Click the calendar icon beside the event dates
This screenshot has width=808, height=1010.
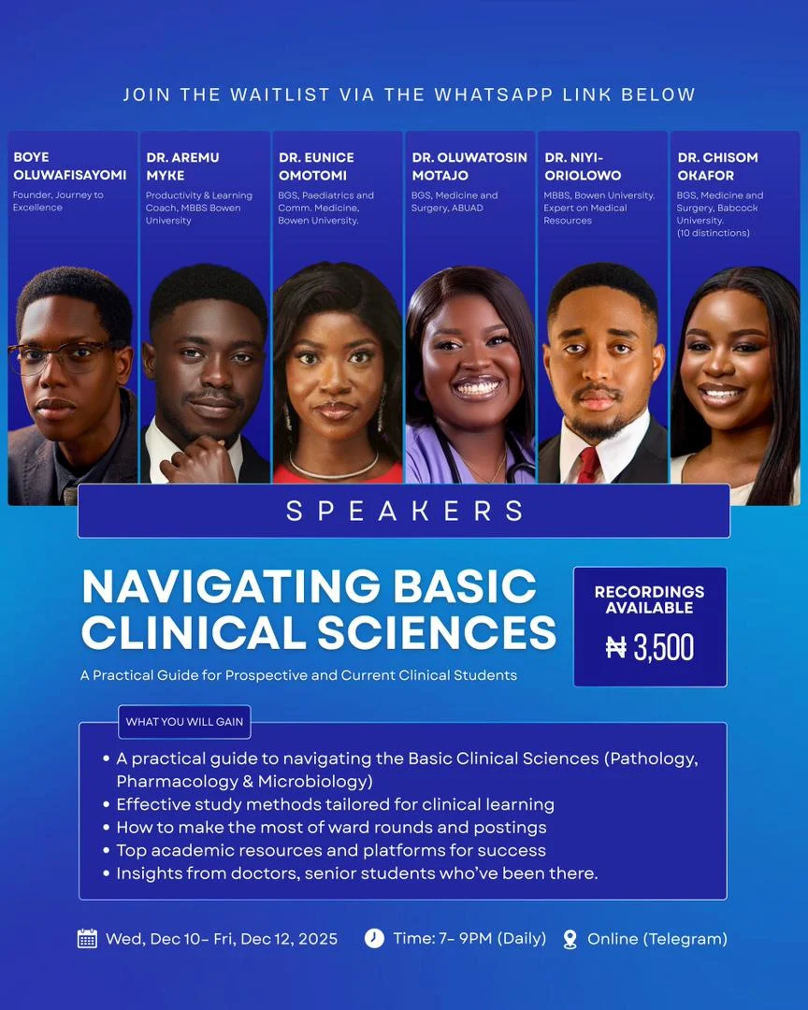point(87,939)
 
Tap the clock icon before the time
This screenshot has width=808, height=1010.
point(374,939)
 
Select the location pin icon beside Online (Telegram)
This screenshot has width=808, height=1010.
point(570,939)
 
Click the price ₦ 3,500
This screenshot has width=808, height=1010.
point(650,647)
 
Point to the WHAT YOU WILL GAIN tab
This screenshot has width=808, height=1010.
point(184,721)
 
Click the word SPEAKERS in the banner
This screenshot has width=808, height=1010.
point(404,511)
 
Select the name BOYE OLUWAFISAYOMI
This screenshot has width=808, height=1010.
point(69,166)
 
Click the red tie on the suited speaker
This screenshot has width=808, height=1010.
point(588,465)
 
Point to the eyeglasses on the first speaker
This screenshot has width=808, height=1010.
point(61,357)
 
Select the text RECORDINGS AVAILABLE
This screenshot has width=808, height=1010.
point(650,599)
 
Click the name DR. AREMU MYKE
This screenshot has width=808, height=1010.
point(182,166)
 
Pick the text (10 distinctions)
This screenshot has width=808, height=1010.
point(713,233)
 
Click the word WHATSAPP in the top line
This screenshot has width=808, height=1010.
point(493,94)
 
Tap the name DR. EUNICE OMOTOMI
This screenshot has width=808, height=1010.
point(316,166)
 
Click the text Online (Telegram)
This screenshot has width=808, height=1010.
point(657,939)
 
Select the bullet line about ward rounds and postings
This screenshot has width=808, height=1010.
point(331,827)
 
